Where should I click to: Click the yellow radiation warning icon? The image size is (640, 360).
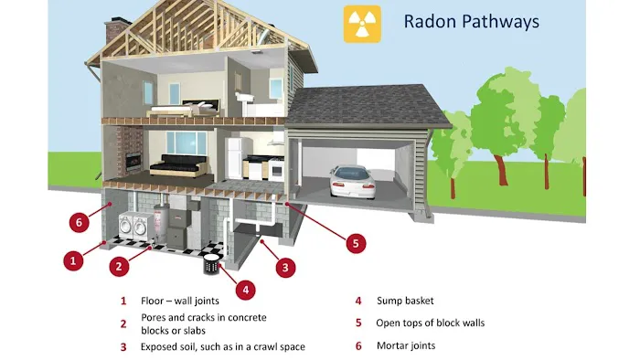[x=361, y=25]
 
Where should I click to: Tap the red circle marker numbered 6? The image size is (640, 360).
[x=79, y=222]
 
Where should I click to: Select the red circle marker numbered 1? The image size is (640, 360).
[x=75, y=260]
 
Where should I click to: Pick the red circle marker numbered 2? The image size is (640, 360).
[x=118, y=267]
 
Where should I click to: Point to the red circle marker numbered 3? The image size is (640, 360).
[x=286, y=268]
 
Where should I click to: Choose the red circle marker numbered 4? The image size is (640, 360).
[x=243, y=290]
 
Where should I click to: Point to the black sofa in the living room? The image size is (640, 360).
[x=179, y=166]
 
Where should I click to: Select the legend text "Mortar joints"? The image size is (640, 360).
[x=406, y=346]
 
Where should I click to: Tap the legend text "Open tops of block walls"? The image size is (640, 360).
[x=430, y=323]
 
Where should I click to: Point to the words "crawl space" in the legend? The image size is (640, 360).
[x=276, y=346]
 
